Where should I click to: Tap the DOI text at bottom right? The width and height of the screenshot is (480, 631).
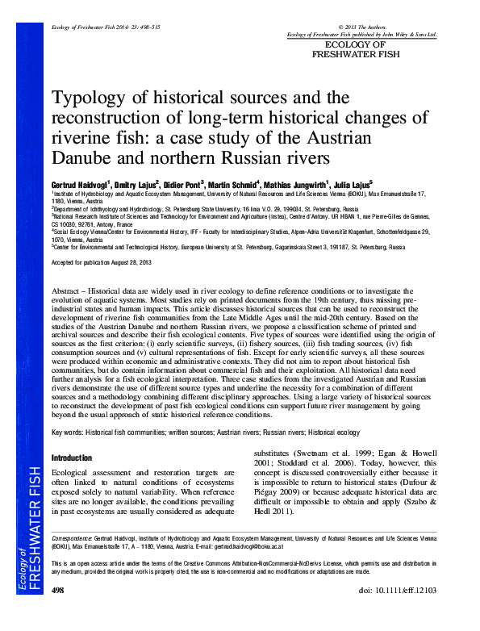coord(399,614)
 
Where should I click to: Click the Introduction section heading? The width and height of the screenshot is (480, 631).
coord(72,457)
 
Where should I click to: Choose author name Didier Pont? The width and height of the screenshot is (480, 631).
coord(183,184)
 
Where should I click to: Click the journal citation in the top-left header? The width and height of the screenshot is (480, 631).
coord(96,27)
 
